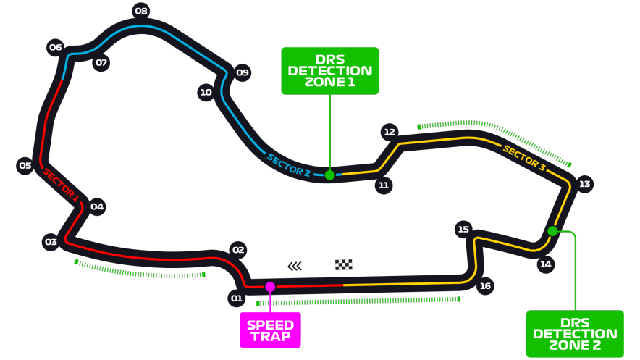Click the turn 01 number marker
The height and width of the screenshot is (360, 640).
237,298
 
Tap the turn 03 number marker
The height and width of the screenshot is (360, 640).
51,242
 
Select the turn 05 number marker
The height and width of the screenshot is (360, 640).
25,166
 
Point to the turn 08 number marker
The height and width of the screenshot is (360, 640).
141,11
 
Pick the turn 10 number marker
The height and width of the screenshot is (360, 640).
206,92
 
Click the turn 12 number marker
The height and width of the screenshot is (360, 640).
390,132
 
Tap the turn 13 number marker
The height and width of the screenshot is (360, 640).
584,184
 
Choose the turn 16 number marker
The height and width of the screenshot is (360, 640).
485,286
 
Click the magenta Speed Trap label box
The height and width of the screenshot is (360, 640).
270,330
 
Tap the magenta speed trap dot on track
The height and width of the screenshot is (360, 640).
270,287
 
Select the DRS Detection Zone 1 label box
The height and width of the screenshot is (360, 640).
329,71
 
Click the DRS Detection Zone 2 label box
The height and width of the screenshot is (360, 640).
575,334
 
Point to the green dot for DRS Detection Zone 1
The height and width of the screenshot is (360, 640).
329,175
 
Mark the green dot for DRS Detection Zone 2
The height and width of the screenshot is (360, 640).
552,231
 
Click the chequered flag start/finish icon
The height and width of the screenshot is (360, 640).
344,265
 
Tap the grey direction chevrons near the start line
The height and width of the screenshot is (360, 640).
295,266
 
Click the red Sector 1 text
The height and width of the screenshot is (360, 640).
61,184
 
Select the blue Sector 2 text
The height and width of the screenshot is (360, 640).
288,166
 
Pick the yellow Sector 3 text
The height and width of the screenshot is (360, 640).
524,158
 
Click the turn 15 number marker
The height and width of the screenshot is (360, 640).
463,230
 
